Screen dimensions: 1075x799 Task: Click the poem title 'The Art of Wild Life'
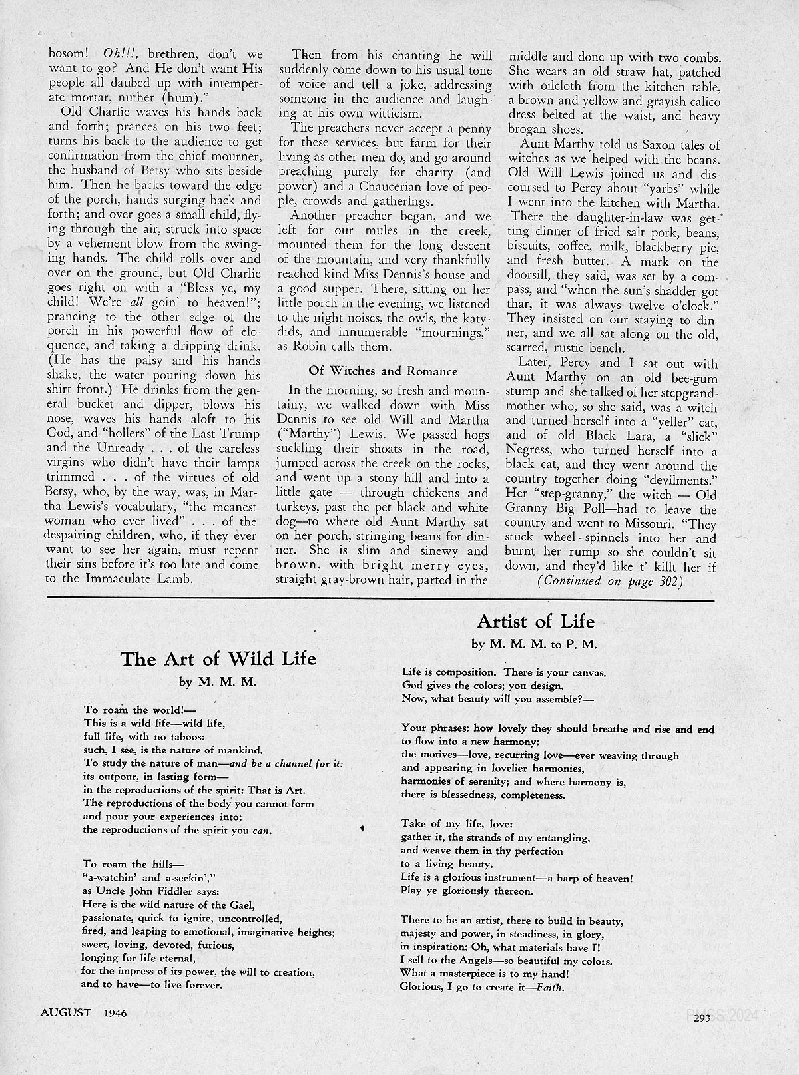coord(218,659)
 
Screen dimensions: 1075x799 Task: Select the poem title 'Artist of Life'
coord(535,622)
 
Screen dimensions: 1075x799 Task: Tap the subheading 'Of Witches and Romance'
coord(382,371)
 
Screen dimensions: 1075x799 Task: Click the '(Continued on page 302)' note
coord(610,581)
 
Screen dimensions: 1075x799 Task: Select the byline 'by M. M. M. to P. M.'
coord(535,644)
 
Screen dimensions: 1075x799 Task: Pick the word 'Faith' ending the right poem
coord(550,987)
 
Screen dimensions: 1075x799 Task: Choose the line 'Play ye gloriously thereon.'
coord(467,891)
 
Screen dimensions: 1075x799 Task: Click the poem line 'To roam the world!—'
coord(125,710)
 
